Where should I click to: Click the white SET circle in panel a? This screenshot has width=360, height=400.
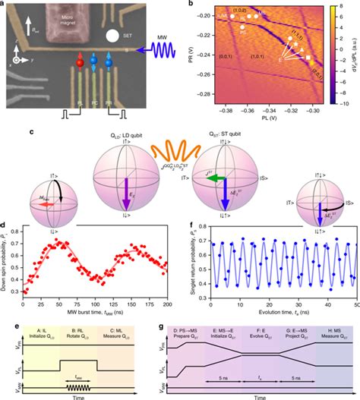(112, 35)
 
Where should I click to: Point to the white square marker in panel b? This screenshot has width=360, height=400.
(308, 58)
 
